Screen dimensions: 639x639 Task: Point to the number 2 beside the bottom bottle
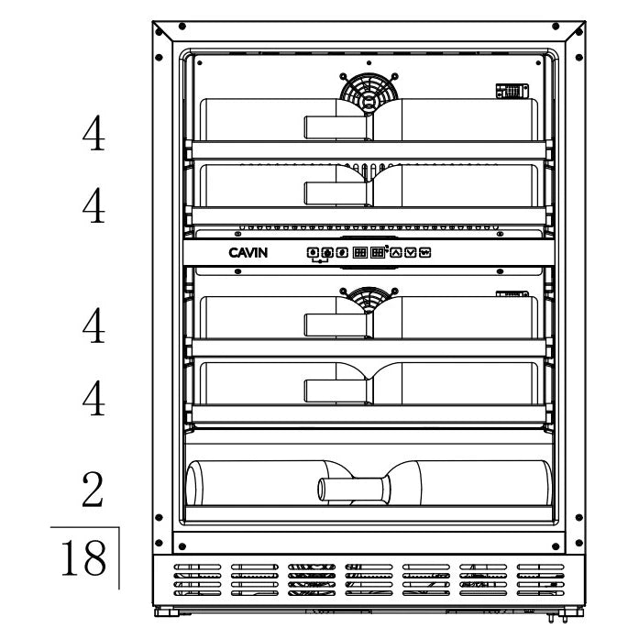93,491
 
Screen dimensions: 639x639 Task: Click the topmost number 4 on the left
93,136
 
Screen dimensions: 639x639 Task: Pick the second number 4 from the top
93,206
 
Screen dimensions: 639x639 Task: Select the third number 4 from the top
93,325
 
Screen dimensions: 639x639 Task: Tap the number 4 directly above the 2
93,398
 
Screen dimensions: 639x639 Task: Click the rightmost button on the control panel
424,252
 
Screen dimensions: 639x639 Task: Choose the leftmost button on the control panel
313,252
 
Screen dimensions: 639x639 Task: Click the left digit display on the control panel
360,252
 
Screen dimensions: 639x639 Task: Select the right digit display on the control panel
376,252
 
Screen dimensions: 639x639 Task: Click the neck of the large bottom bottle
348,486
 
